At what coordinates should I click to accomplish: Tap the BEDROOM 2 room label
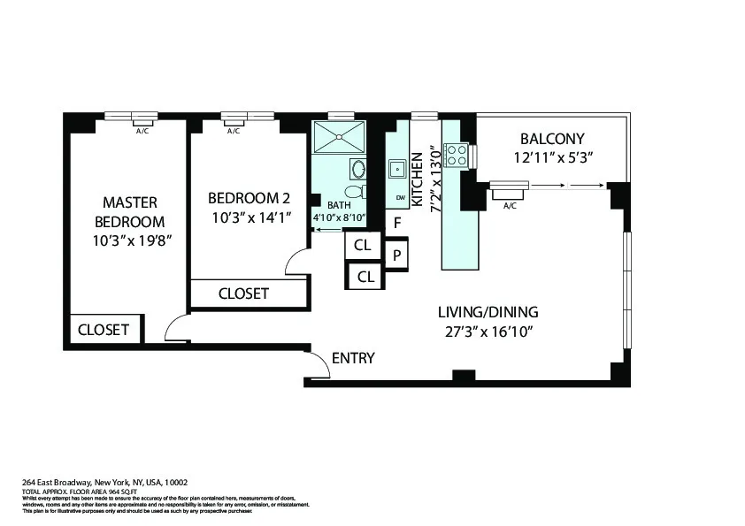point(248,198)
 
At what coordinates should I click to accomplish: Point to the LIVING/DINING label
point(488,312)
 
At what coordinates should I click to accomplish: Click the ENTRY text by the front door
point(353,358)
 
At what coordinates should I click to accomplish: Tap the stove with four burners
point(456,156)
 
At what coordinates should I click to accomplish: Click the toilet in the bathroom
point(355,192)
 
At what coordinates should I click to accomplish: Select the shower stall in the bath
point(340,137)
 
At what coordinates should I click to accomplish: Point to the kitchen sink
point(397,167)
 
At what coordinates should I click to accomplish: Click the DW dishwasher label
point(400,197)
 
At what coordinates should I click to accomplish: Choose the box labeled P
point(397,255)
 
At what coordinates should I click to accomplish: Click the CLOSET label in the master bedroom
point(104,330)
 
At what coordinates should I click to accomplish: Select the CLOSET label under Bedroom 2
point(243,293)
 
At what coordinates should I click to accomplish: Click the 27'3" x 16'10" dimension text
point(488,332)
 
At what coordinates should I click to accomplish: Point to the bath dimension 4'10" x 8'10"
point(340,217)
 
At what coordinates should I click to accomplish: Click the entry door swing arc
point(317,364)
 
